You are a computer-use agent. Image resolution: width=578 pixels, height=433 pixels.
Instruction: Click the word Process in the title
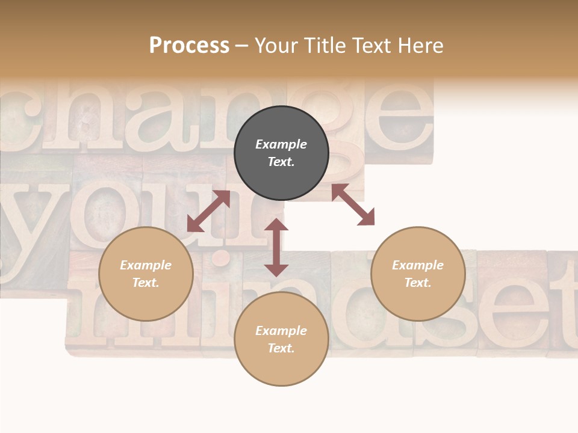coord(189,46)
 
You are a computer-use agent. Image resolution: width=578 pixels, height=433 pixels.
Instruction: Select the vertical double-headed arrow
coord(276,247)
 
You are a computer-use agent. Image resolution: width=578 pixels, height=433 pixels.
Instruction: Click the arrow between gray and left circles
coord(208,211)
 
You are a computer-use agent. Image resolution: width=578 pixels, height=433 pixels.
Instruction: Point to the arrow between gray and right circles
coord(353,204)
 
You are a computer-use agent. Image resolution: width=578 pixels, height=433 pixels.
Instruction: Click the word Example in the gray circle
coord(281,144)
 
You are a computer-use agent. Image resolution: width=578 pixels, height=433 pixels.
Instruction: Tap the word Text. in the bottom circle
coord(281,348)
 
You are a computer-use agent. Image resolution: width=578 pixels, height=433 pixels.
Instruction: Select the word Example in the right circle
coord(418,265)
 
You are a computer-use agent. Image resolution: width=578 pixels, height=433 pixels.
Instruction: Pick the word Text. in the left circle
coord(146,283)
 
